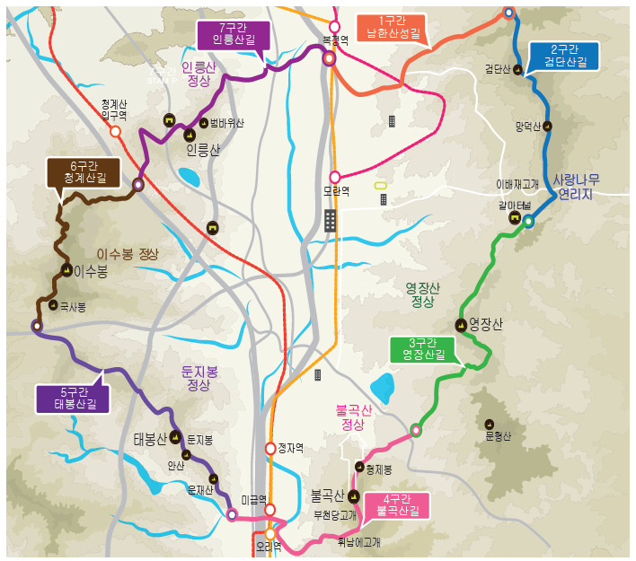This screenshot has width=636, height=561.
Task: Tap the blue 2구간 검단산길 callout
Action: click(562, 57)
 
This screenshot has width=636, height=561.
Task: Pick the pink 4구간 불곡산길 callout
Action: click(398, 505)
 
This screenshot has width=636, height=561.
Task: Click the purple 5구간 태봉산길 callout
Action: click(75, 398)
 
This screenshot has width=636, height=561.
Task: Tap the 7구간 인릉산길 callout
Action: click(228, 34)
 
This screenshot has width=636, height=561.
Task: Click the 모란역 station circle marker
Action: click(335, 177)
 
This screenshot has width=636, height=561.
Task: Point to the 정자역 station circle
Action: click(270, 448)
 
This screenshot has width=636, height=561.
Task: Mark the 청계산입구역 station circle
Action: click(115, 131)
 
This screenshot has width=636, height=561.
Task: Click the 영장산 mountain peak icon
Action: click(462, 325)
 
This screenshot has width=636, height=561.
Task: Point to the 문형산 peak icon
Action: click(490, 425)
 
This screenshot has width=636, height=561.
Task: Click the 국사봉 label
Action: click(73, 307)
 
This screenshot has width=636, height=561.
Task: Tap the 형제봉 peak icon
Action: click(358, 468)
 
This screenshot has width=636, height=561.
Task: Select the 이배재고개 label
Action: click(517, 184)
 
